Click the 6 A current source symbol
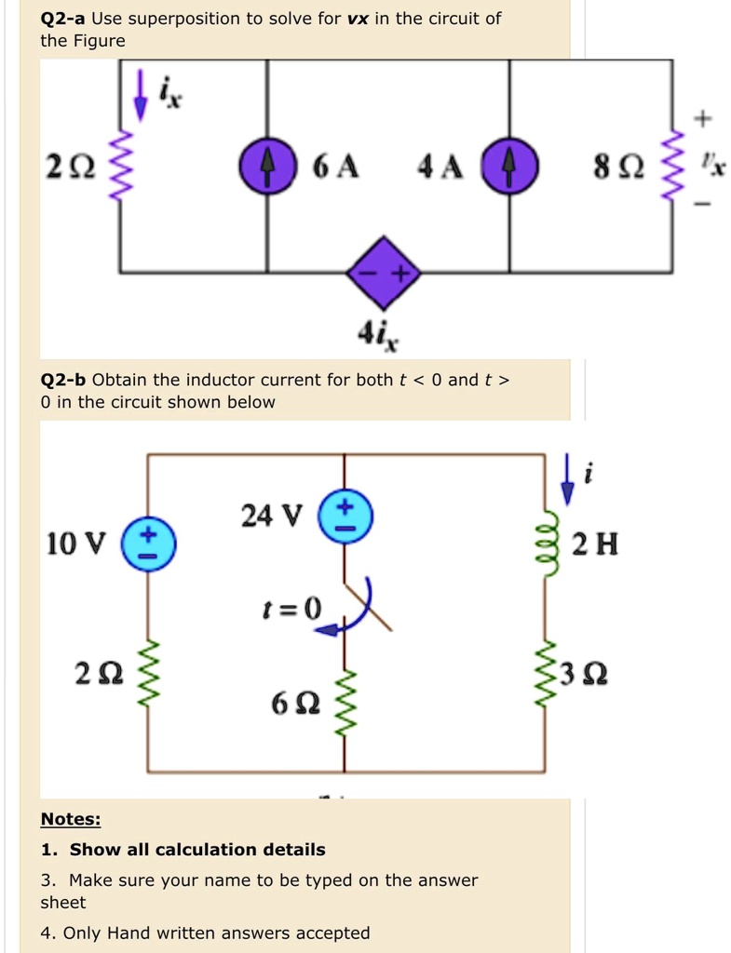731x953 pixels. (267, 167)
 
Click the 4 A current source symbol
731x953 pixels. (509, 167)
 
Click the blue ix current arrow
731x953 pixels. (140, 95)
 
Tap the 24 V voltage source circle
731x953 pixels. (345, 516)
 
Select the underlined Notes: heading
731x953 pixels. (71, 819)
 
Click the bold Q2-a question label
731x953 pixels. (63, 19)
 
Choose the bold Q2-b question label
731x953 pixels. (63, 380)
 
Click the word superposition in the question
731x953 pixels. (183, 19)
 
